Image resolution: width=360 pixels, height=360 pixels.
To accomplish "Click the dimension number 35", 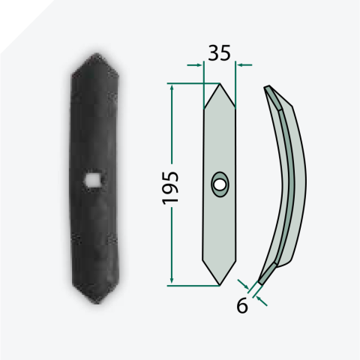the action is coord(219,53).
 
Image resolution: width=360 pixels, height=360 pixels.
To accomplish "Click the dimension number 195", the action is coord(170,188).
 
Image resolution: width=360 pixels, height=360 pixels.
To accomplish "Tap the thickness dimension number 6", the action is coord(242,305).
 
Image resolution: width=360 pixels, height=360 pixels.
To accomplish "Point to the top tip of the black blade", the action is coord(97,53).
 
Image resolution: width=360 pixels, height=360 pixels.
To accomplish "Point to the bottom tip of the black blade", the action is coord(97,303).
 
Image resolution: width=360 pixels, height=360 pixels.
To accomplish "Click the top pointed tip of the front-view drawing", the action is coord(220,84).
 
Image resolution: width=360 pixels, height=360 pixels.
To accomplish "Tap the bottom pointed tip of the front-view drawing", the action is coord(220,285).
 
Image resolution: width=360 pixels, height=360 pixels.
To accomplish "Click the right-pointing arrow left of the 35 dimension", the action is coord(194,65).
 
